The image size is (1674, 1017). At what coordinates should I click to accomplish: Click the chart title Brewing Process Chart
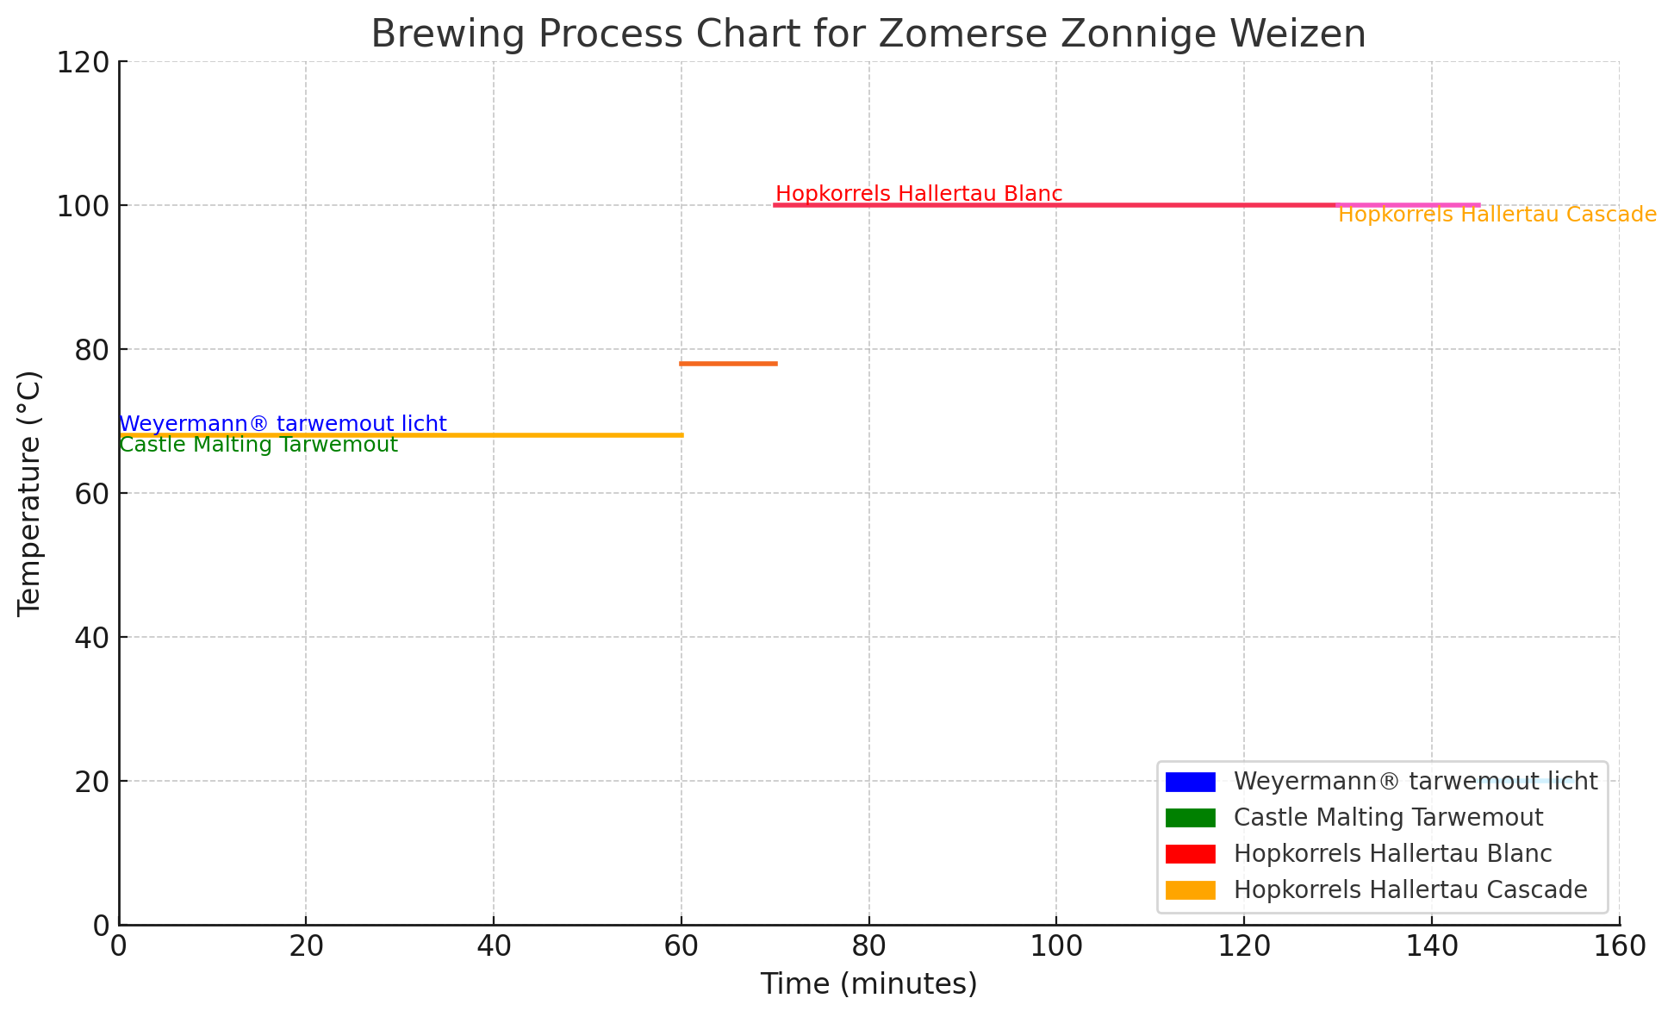[x=868, y=34]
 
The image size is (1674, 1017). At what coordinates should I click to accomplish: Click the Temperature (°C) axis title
[x=29, y=493]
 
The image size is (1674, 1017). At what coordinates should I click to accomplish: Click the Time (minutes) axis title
[x=868, y=983]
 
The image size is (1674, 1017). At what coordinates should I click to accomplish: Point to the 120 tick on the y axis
[x=84, y=62]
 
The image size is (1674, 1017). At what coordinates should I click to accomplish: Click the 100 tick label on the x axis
[x=1056, y=946]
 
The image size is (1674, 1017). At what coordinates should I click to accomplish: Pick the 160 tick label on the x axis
[x=1619, y=946]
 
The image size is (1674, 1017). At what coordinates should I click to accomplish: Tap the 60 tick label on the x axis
[x=681, y=946]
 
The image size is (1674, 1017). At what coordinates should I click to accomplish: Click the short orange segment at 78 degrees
[x=728, y=364]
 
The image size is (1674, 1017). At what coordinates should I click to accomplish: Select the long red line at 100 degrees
[x=1051, y=205]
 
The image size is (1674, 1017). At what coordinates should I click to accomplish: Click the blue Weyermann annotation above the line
[x=283, y=424]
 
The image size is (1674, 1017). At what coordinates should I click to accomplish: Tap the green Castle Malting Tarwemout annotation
[x=258, y=446]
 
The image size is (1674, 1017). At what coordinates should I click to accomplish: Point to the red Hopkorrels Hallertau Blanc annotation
[x=918, y=194]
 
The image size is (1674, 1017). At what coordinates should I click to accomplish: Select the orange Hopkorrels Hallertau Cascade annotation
[x=1497, y=215]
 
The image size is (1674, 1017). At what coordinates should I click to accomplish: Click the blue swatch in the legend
[x=1190, y=782]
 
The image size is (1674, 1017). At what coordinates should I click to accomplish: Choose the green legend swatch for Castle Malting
[x=1190, y=817]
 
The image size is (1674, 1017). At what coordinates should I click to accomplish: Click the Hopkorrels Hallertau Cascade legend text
[x=1410, y=889]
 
